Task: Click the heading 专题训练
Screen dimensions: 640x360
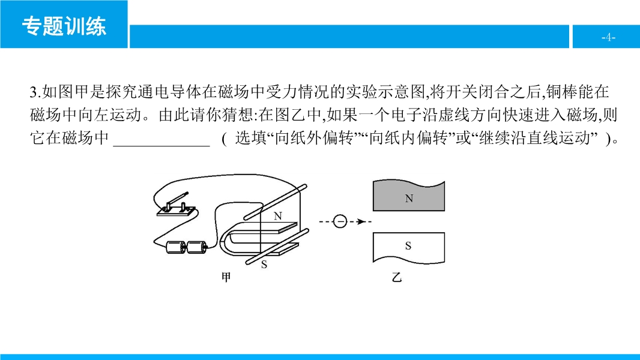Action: tap(64, 26)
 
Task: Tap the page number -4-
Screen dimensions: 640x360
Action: tap(608, 37)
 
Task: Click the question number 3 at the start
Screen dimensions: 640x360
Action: tap(33, 92)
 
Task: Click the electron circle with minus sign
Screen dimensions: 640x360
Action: tap(340, 221)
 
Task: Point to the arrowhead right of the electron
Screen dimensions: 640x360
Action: tap(361, 221)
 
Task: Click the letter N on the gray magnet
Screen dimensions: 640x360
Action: tap(409, 199)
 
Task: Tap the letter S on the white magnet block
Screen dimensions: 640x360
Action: tap(408, 245)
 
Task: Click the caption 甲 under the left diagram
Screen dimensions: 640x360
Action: tap(226, 277)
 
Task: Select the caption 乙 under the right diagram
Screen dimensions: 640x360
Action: tap(396, 277)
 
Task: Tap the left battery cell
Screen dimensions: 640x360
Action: tap(176, 247)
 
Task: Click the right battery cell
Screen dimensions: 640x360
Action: tap(197, 247)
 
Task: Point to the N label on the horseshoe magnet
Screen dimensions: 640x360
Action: tap(278, 215)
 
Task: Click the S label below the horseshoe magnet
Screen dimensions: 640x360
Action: tap(264, 265)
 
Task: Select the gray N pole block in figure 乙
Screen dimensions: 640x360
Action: tap(409, 196)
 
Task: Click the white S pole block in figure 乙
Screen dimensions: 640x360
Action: tap(409, 247)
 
